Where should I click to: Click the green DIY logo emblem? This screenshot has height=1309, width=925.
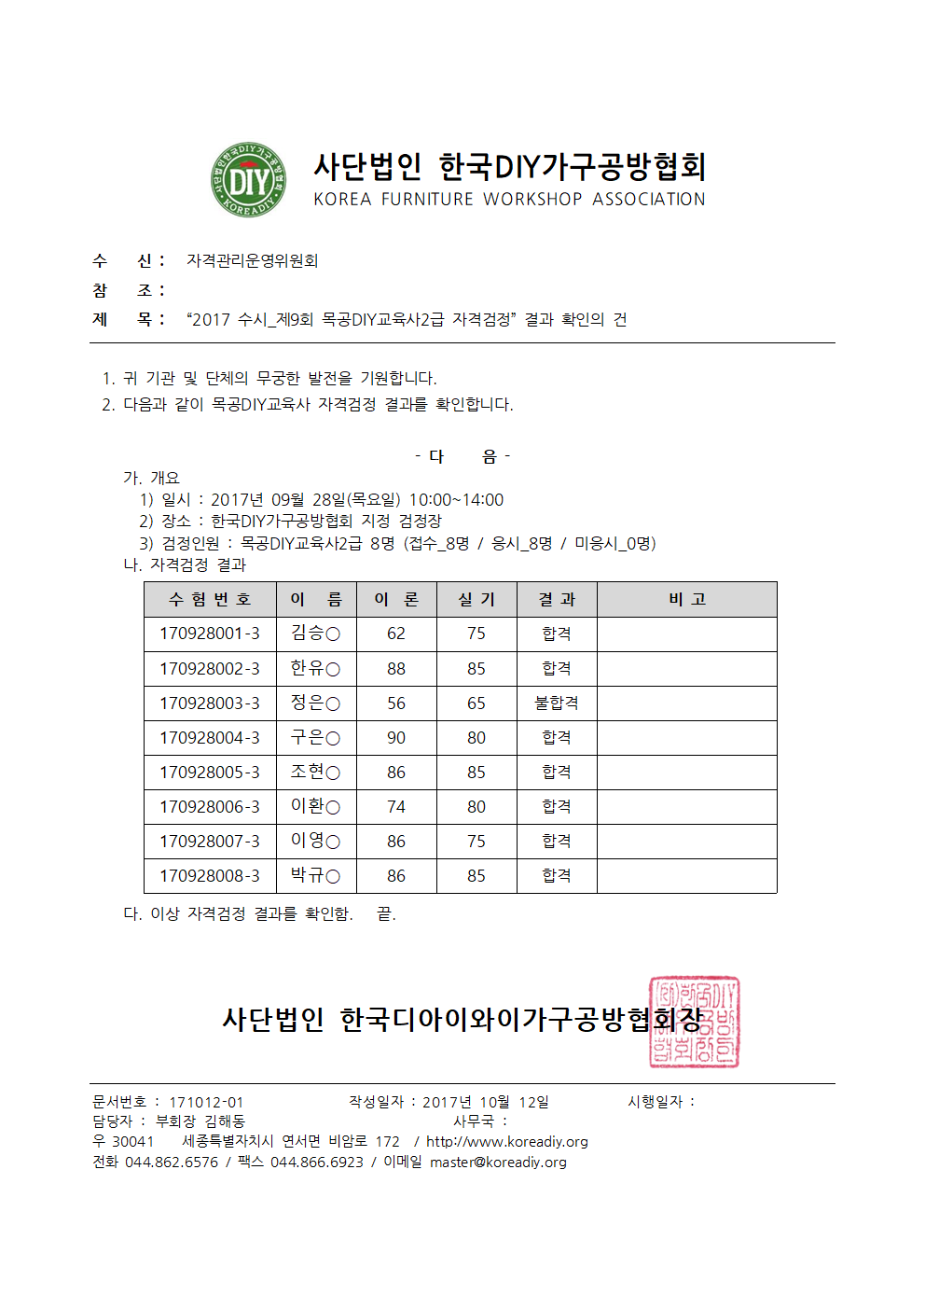coord(248,180)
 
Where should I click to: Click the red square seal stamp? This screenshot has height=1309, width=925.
coord(694,1022)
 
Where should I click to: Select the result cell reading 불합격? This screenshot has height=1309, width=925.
coord(557,703)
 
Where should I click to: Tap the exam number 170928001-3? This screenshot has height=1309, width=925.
coord(210,634)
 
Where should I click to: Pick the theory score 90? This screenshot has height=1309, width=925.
coord(396,738)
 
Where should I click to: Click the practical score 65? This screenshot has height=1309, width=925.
coord(476,703)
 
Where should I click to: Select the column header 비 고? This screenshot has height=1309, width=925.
coord(687,599)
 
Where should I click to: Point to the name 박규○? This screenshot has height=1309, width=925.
coord(315,875)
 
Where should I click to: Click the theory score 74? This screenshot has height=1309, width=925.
coord(396,807)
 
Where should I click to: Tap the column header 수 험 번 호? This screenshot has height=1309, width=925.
coord(210,599)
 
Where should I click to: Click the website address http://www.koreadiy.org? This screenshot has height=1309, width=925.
coord(507,1142)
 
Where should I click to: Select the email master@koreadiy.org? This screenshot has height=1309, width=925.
coord(498,1163)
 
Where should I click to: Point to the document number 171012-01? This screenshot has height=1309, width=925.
coord(206,1103)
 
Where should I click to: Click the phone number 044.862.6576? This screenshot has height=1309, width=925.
coord(172,1163)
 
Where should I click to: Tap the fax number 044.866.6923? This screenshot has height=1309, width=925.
coord(317,1163)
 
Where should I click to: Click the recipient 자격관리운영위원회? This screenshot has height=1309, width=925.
coord(253,261)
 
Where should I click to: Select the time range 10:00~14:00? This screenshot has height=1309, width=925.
coord(456,500)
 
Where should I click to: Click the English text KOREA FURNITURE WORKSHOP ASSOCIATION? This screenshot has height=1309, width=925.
coord(509,200)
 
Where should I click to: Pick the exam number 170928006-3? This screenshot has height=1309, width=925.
coord(210,807)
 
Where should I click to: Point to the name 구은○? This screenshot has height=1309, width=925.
coord(315,738)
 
